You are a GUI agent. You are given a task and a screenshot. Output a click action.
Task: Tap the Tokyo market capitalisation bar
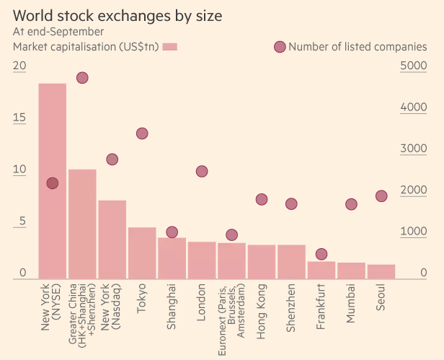[x=142, y=253]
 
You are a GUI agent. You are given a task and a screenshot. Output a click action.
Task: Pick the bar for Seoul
[x=381, y=271]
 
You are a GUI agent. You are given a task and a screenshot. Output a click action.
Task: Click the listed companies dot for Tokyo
[x=142, y=133]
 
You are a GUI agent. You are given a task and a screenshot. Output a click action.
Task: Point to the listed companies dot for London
[x=202, y=171]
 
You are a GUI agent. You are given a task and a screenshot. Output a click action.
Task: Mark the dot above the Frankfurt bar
[x=321, y=254]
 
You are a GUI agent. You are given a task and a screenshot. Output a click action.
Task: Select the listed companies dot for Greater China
[x=82, y=78]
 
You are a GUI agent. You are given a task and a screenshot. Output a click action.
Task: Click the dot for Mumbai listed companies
[x=351, y=204]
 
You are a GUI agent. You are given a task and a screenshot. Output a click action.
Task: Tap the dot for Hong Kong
[x=262, y=200]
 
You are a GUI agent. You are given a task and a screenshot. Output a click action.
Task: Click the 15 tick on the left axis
[x=19, y=118]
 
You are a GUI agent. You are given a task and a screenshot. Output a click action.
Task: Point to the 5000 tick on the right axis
[x=413, y=66]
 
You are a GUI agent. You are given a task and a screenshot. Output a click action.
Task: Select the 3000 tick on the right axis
[x=413, y=149]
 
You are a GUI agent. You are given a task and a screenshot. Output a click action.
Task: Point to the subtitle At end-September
[x=58, y=32]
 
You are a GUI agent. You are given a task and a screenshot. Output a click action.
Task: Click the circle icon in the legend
[x=280, y=47]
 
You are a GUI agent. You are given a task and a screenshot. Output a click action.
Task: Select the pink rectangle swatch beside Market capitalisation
[x=170, y=47]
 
